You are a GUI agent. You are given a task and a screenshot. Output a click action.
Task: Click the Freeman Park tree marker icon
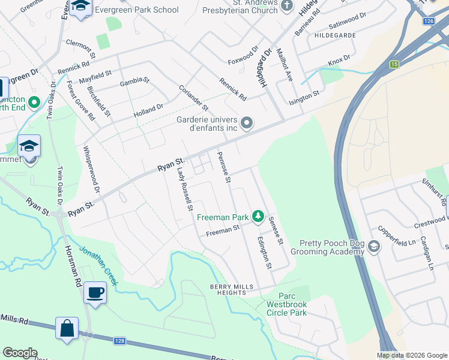tap(258, 215)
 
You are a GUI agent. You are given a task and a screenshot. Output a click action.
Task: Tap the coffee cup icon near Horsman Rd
tap(95, 293)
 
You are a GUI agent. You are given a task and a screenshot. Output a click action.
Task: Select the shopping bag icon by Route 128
tap(67, 328)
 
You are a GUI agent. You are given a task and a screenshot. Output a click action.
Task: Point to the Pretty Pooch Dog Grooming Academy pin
tap(374, 247)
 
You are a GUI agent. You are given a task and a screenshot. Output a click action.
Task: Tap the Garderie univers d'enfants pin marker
tap(247, 124)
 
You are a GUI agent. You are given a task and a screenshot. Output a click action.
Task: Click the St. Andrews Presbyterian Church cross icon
tap(287, 7)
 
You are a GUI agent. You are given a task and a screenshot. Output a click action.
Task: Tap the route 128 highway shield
tap(120, 341)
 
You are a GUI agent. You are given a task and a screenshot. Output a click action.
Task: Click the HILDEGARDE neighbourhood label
tap(335, 36)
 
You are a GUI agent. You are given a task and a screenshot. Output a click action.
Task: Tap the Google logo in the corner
tap(20, 353)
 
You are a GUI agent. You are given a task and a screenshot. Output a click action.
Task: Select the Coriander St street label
tap(193, 97)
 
